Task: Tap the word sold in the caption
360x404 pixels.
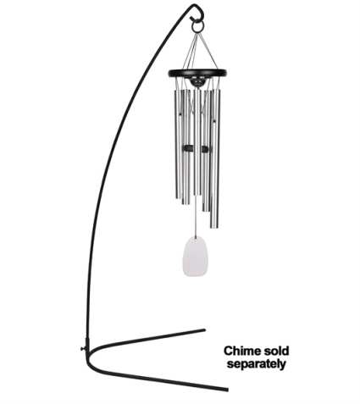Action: (x=277, y=351)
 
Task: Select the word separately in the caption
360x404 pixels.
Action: (x=257, y=364)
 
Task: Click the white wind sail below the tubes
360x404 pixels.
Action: (x=195, y=257)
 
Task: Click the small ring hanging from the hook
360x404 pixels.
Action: (x=197, y=27)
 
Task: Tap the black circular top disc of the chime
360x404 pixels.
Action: (x=197, y=73)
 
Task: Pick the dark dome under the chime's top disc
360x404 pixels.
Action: (x=197, y=81)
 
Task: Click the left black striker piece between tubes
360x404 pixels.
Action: (x=188, y=148)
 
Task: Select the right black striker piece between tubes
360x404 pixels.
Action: (x=205, y=149)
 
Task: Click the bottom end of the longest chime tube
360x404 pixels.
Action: (x=214, y=227)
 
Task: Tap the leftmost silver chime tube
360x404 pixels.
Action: (x=177, y=144)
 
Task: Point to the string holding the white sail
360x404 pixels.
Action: (x=196, y=217)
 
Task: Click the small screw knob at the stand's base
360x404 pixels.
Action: (x=83, y=349)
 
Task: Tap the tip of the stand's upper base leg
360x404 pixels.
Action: (x=204, y=329)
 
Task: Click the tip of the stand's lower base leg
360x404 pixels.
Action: (x=227, y=390)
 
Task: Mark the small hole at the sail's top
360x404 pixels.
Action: (x=195, y=240)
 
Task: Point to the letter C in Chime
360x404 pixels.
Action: (x=228, y=351)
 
